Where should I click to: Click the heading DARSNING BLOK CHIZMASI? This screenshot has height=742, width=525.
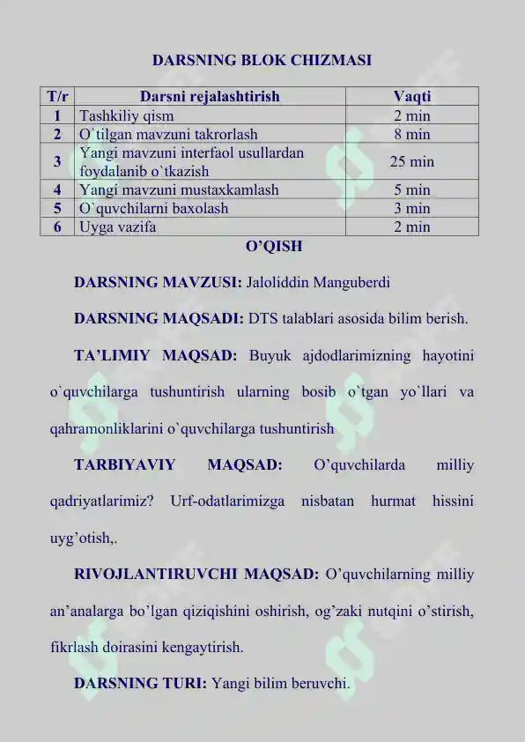[x=262, y=61]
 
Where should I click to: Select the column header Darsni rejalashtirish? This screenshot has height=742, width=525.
[x=210, y=96]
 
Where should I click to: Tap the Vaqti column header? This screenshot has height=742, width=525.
[x=411, y=96]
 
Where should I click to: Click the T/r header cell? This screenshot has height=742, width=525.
[x=57, y=96]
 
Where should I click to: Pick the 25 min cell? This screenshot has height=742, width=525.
[x=411, y=161]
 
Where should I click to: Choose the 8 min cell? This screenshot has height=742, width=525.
[x=411, y=134]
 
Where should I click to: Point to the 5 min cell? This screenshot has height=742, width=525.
[x=411, y=189]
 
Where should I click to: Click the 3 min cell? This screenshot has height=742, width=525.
[x=411, y=208]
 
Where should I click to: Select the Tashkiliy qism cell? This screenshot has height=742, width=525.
[x=127, y=115]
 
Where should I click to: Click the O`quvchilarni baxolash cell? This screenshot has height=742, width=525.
[x=153, y=208]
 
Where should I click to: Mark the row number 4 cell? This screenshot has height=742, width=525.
[x=57, y=189]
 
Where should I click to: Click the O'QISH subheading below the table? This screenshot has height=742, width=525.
[x=262, y=246]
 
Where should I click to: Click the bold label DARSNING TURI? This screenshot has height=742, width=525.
[x=141, y=682]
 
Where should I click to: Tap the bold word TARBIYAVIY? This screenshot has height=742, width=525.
[x=124, y=464]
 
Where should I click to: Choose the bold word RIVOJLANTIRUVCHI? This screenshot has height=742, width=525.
[x=155, y=575]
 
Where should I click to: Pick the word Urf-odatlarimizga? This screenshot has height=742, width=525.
[x=228, y=501]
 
